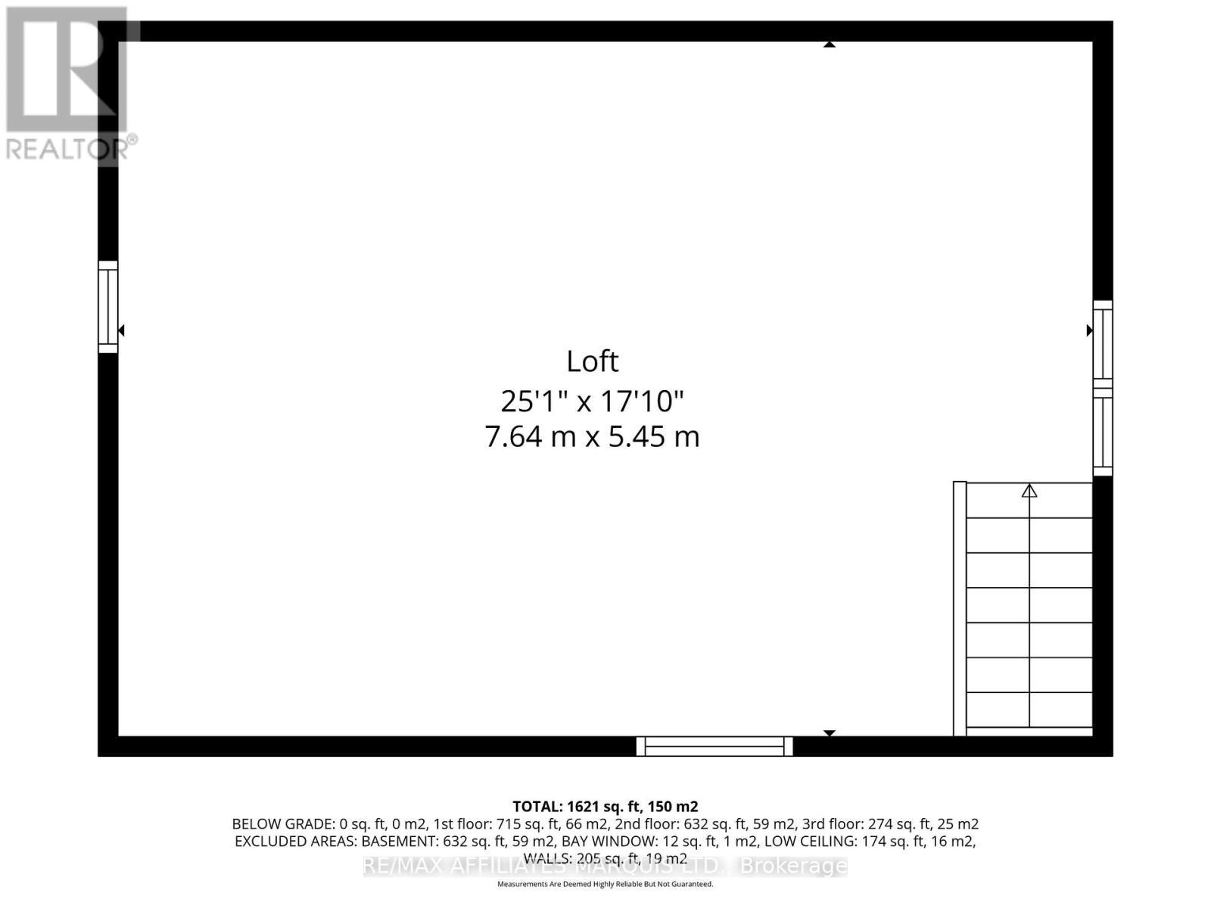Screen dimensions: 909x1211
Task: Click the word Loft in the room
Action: coord(592,361)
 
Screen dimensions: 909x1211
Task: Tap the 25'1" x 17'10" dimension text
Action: coord(592,401)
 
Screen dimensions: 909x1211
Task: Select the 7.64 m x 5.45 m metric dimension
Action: coord(592,437)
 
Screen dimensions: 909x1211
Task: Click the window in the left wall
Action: coord(108,307)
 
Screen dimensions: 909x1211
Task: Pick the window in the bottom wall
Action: coord(714,746)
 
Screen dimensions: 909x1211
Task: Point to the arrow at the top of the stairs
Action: coord(1029,491)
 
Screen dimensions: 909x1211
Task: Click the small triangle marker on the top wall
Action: coord(830,45)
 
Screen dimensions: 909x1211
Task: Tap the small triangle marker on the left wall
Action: coord(121,330)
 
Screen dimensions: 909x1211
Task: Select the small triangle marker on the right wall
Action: coord(1090,330)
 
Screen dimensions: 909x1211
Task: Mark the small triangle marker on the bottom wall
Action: coord(830,733)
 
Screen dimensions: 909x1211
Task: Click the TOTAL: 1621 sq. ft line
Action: coord(605,807)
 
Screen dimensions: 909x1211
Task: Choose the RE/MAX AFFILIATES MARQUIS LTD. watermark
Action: coord(605,866)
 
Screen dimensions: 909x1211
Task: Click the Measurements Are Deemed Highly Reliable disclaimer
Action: coord(605,884)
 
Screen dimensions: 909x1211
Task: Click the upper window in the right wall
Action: coord(1103,345)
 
